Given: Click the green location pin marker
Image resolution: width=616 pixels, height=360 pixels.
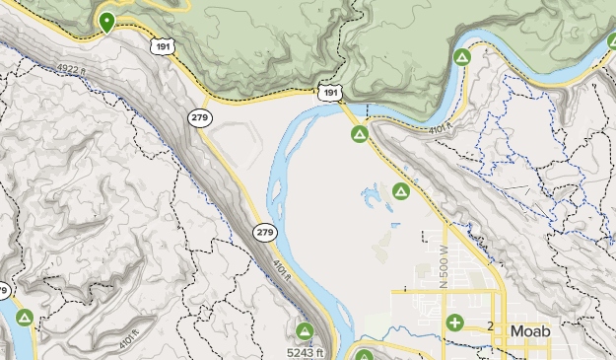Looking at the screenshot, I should point(106,22).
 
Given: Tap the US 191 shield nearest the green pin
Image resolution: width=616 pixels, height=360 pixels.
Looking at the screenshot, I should point(164,46).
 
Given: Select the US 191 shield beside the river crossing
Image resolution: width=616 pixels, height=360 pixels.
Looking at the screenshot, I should point(330,93).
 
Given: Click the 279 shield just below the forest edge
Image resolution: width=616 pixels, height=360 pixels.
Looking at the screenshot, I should point(200,116).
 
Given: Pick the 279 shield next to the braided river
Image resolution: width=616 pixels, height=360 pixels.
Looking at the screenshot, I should point(264,233).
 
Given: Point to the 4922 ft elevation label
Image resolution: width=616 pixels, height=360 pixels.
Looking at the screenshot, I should point(72,68).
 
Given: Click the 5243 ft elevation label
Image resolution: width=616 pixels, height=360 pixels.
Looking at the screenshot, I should point(306,351).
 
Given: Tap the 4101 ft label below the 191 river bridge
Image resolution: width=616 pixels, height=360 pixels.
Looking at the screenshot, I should point(440,127).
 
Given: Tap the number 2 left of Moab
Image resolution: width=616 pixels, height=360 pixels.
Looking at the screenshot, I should point(489,326).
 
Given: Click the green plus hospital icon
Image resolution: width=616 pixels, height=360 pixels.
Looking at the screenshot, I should point(454,323).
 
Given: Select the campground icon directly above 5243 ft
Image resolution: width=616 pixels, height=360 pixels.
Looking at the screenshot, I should point(306,330).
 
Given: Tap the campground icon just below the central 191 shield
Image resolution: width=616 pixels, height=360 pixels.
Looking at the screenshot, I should point(360,133).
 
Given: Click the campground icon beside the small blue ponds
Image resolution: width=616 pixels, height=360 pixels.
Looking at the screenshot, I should point(400,190).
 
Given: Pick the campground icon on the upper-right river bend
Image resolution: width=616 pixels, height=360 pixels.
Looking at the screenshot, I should point(460,57).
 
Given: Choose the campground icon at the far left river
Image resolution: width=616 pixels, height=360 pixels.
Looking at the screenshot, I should point(25,318).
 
